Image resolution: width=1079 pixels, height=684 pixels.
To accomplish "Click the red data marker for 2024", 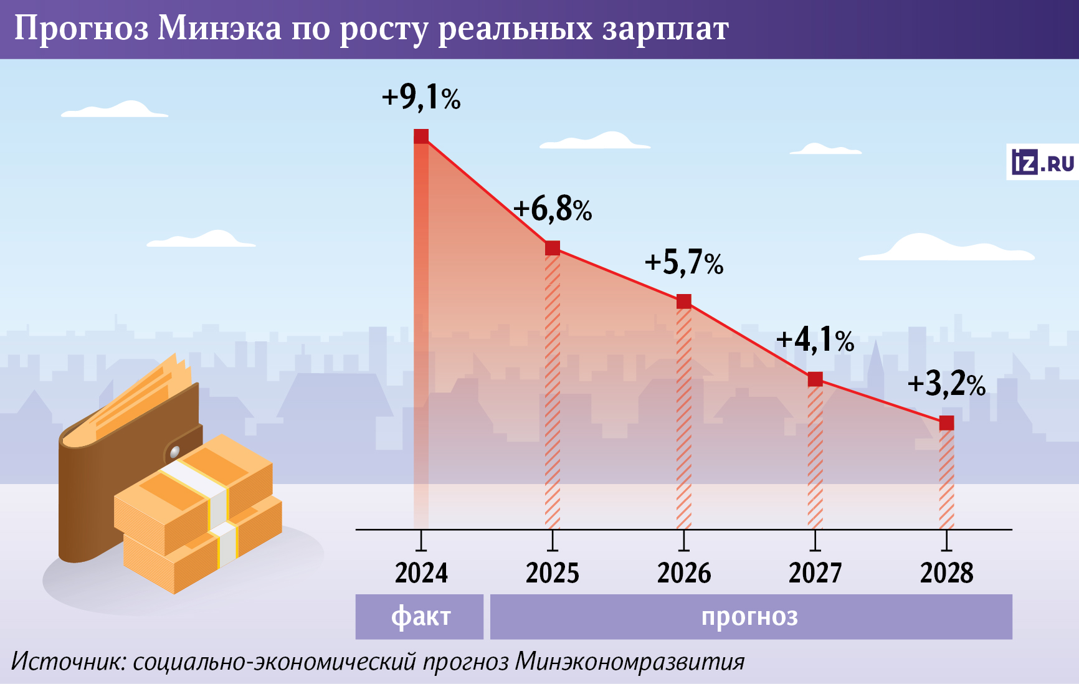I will (x=421, y=136).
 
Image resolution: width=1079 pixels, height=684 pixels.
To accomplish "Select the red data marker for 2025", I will (x=553, y=248).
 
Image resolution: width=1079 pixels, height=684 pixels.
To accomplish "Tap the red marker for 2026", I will (x=684, y=302).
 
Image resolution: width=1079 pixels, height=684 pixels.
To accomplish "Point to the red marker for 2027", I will (x=815, y=379).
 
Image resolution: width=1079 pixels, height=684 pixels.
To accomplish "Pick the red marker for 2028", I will (x=946, y=423).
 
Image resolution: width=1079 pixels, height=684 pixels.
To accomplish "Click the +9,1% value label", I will (x=421, y=97).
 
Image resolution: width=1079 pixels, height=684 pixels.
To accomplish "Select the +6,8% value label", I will (x=553, y=209).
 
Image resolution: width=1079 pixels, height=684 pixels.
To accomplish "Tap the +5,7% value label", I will (x=684, y=262).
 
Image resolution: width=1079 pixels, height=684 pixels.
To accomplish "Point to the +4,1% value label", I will (x=815, y=340).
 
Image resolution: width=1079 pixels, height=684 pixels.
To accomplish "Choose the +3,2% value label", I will (x=946, y=384).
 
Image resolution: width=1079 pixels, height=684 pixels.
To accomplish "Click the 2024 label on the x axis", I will (x=421, y=573).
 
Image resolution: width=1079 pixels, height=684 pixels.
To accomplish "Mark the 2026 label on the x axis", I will (x=684, y=573).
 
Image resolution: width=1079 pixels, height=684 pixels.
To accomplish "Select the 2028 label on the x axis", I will (x=946, y=573).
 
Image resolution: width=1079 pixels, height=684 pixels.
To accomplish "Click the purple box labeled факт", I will (x=419, y=617).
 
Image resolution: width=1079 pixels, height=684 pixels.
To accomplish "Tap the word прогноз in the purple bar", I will (x=749, y=617).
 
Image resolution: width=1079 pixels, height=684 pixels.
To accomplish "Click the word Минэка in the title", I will (x=219, y=29).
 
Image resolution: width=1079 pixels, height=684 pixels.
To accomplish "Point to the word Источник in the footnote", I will (x=68, y=662).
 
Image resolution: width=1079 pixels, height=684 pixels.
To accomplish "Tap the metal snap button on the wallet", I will (x=175, y=451).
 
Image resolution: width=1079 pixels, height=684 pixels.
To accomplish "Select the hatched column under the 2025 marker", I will (x=553, y=392).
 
